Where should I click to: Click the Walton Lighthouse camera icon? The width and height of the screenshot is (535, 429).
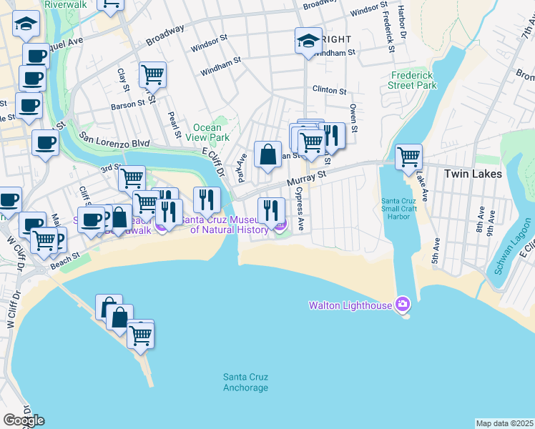pyautogui.click(x=403, y=305)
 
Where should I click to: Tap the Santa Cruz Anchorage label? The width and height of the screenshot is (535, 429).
pyautogui.click(x=245, y=383)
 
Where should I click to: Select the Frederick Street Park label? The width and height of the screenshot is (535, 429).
pyautogui.click(x=413, y=80)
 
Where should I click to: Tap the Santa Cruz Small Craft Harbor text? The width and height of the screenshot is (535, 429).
pyautogui.click(x=405, y=208)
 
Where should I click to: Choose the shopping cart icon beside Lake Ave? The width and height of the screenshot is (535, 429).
pyautogui.click(x=408, y=156)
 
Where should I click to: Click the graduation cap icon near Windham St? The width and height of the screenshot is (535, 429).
pyautogui.click(x=309, y=40)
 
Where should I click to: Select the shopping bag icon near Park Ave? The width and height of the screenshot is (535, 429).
pyautogui.click(x=267, y=154)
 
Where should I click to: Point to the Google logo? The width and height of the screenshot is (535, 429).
pyautogui.click(x=24, y=420)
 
